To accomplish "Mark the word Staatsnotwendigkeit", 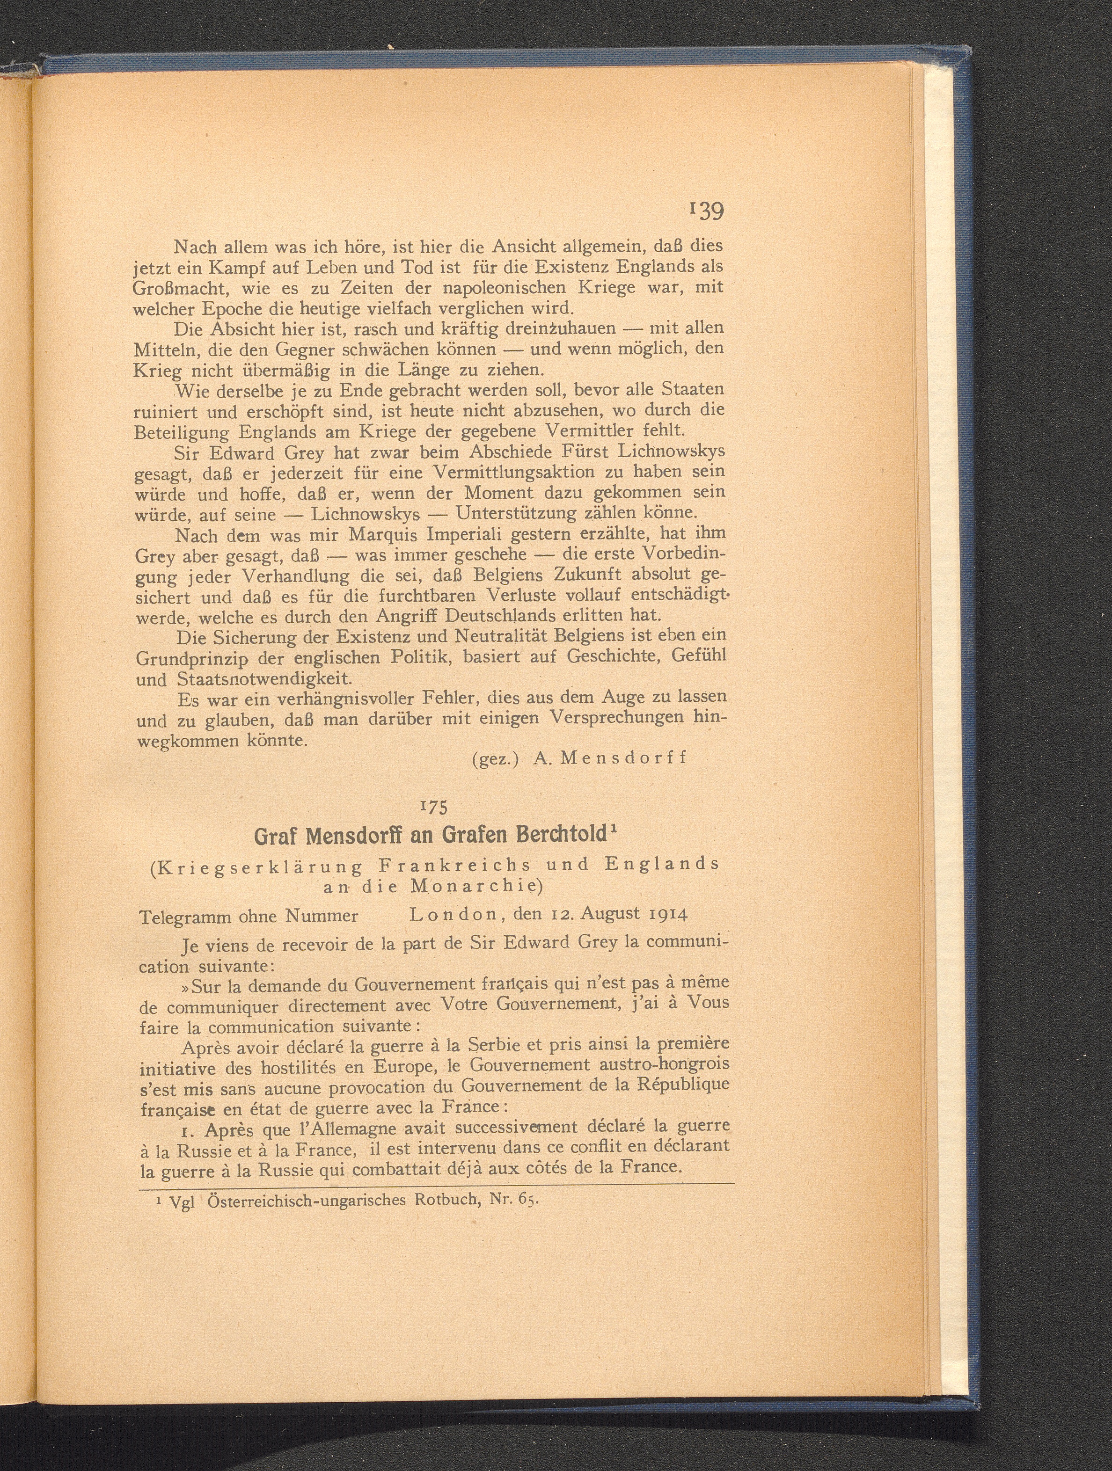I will tap(263, 679).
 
